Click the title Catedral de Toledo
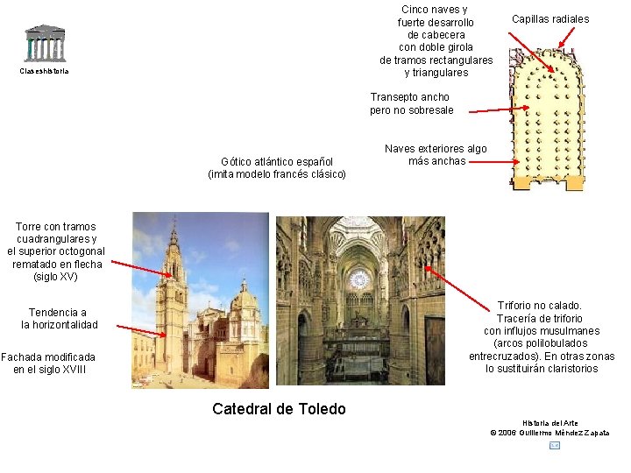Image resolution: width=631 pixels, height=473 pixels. click(x=279, y=409)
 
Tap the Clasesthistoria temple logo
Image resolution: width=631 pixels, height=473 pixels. click(x=44, y=43)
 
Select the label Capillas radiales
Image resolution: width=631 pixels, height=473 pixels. click(x=550, y=19)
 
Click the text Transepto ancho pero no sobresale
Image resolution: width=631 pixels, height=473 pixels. click(x=411, y=103)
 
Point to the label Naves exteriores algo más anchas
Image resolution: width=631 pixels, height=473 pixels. click(x=436, y=155)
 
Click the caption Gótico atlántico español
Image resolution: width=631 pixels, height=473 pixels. click(x=277, y=167)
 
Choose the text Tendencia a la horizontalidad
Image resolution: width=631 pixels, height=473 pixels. click(x=58, y=319)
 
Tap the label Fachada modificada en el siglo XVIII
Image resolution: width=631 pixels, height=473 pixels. click(x=47, y=364)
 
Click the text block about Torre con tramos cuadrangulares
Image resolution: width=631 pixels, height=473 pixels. click(x=56, y=251)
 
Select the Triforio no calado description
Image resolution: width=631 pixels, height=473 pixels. click(x=541, y=337)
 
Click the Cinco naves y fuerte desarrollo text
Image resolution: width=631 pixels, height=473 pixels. click(x=436, y=41)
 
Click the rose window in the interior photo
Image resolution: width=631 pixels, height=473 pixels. click(x=359, y=280)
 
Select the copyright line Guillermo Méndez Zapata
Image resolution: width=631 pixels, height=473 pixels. click(x=550, y=433)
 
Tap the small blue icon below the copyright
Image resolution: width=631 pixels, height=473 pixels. click(x=554, y=446)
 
